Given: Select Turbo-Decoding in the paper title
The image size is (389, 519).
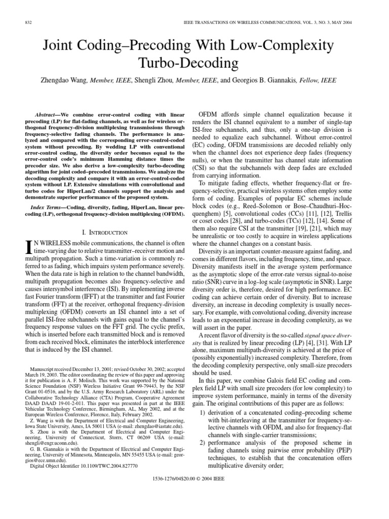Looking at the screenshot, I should (x=194, y=63).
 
